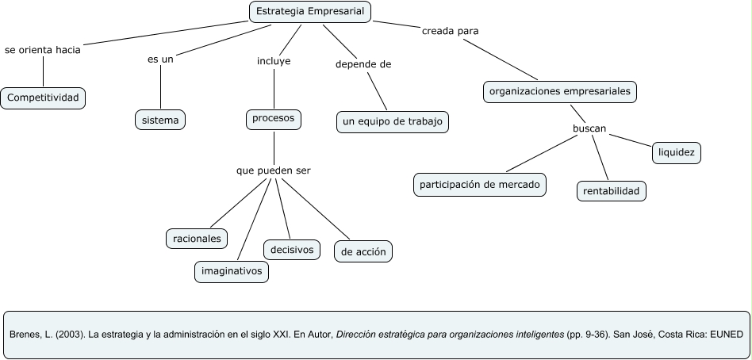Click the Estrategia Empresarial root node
(x=310, y=12)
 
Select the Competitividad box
(x=43, y=98)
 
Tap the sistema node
(x=160, y=120)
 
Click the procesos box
(x=273, y=119)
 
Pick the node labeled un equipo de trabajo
(x=393, y=121)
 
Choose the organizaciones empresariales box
(x=560, y=92)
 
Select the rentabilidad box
(x=611, y=190)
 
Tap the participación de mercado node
(x=480, y=185)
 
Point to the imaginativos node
(x=232, y=271)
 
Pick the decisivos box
(x=291, y=250)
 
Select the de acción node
(x=363, y=252)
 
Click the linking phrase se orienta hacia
(x=43, y=48)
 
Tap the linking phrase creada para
(x=450, y=32)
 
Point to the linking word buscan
(x=589, y=128)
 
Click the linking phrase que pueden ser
(x=273, y=170)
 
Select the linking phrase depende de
(x=363, y=64)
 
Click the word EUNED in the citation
(x=726, y=334)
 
